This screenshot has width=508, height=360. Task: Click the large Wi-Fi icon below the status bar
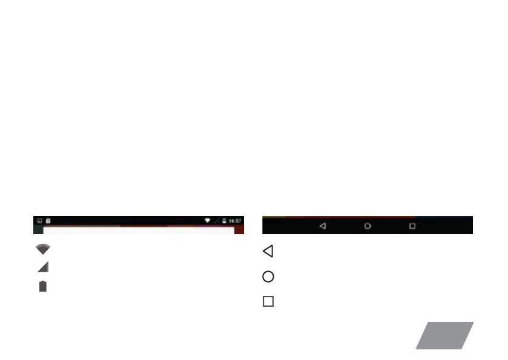pyautogui.click(x=43, y=249)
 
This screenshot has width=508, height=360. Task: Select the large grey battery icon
pyautogui.click(x=43, y=286)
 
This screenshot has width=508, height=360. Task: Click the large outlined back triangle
pyautogui.click(x=268, y=251)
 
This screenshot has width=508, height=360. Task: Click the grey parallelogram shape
pyautogui.click(x=444, y=335)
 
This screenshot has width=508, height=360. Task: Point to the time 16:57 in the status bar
pyautogui.click(x=235, y=221)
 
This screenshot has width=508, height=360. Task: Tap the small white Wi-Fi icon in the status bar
pyautogui.click(x=207, y=220)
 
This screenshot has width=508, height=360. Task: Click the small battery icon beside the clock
pyautogui.click(x=224, y=221)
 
